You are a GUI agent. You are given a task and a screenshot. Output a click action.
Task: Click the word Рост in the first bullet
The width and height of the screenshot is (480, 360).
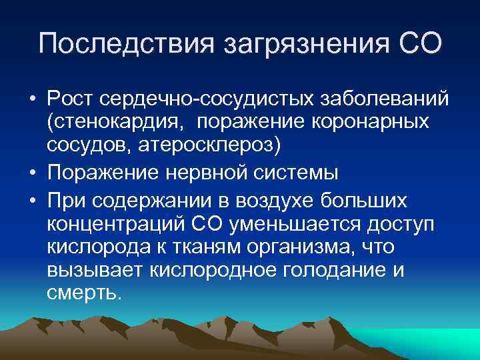(x=69, y=99)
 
